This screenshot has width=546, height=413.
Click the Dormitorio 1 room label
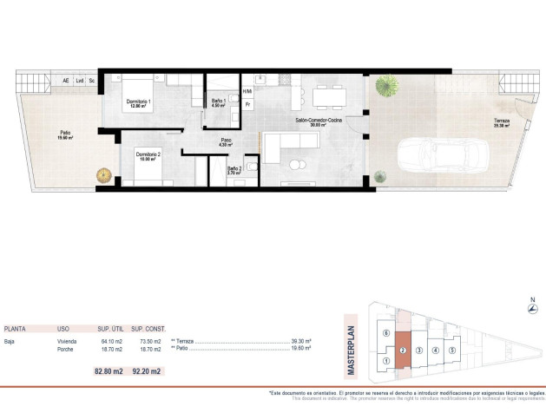[139, 103]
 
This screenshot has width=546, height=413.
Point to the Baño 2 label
[234, 170]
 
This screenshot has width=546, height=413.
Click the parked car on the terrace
[443, 156]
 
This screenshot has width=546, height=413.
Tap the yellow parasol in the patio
[104, 175]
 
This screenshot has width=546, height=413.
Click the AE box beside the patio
[66, 81]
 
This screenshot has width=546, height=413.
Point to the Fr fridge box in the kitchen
[247, 104]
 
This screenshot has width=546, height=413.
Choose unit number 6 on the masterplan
[385, 334]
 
